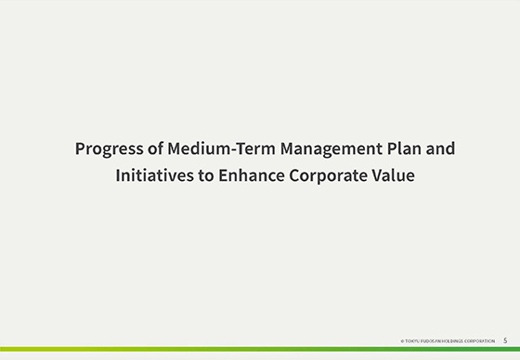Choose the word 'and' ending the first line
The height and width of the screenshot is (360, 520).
(436, 148)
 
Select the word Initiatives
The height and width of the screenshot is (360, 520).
(149, 174)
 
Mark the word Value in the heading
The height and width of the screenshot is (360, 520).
(394, 174)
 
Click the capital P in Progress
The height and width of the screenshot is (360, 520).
(80, 148)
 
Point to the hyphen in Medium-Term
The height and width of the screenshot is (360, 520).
(216, 149)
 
